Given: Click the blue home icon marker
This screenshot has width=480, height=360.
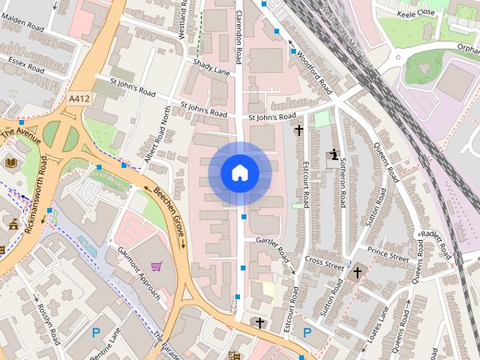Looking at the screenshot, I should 240,173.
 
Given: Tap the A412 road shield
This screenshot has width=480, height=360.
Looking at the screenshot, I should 78,97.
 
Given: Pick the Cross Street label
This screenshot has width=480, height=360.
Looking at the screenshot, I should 324,263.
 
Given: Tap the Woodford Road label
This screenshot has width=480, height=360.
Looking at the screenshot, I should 313,72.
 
